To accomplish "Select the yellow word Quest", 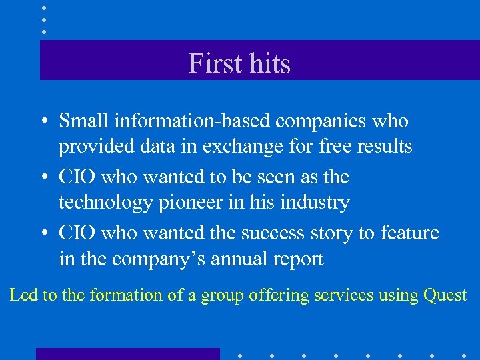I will pos(445,295).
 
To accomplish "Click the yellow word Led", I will pos(23,295).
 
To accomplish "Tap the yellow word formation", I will pos(124,295).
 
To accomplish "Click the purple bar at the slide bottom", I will pos(127,353).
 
